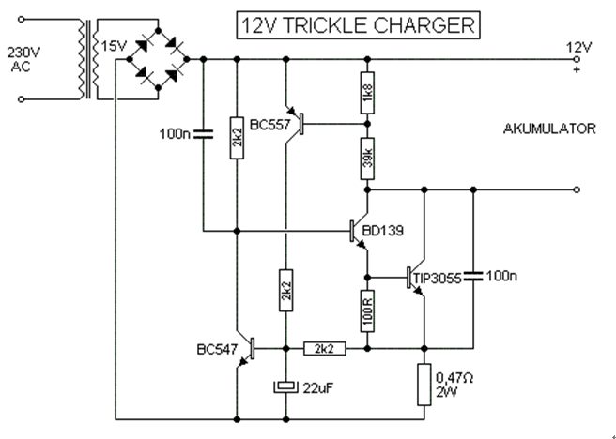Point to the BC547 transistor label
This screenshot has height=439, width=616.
click(x=217, y=350)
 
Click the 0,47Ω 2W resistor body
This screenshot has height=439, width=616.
click(x=424, y=384)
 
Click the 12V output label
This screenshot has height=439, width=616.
click(x=576, y=46)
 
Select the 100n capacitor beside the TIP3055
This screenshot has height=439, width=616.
click(x=472, y=275)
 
